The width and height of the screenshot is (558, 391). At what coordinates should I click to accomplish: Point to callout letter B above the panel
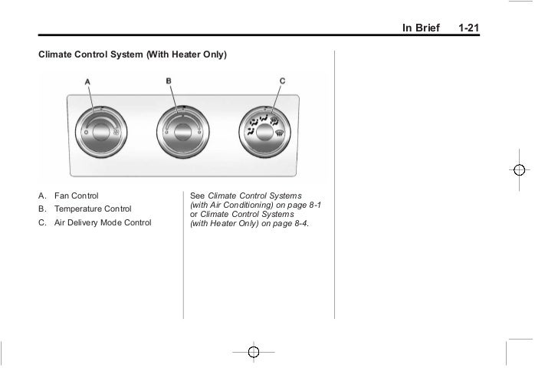[169, 81]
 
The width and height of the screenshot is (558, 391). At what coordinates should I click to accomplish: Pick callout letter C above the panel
[282, 81]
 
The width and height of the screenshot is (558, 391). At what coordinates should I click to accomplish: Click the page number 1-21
[469, 28]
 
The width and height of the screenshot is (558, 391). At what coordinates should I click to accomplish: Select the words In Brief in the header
[422, 28]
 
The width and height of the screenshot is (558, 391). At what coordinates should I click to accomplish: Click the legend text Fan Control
[76, 195]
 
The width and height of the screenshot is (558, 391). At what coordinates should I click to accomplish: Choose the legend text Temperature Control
[93, 209]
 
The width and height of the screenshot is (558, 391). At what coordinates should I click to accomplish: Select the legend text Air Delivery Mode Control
[103, 223]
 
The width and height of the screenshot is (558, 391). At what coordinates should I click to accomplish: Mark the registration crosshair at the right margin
[519, 169]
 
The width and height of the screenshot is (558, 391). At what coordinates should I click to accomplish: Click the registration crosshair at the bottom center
[255, 352]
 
